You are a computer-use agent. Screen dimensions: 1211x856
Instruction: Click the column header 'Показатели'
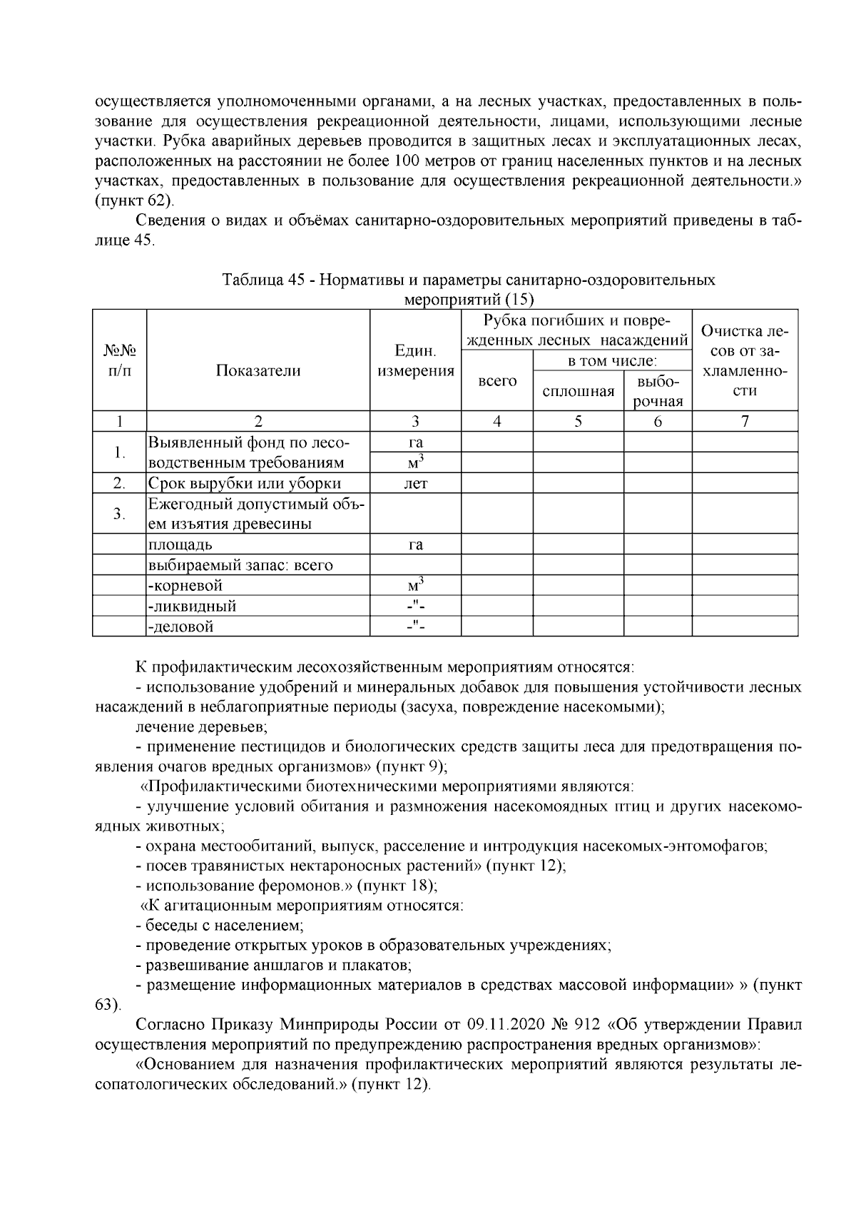point(258,370)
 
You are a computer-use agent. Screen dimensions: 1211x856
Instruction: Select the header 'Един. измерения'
point(415,361)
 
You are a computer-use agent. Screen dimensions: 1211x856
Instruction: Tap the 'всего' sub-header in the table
point(496,381)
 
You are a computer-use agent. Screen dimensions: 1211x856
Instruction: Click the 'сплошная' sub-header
point(578,391)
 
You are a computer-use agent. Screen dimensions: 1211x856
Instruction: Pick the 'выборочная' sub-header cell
point(657,391)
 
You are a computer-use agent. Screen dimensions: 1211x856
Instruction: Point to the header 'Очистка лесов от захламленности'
point(745,361)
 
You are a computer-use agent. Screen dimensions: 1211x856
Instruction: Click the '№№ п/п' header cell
point(119,361)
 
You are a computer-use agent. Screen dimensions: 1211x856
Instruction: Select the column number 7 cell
point(745,421)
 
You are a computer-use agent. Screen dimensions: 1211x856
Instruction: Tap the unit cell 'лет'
point(415,483)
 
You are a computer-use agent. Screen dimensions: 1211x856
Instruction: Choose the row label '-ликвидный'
point(192,606)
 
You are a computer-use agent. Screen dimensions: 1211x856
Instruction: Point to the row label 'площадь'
point(180,544)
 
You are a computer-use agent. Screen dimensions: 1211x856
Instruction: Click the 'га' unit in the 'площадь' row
point(415,544)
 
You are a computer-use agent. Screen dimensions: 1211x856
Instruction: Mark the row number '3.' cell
point(119,514)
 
